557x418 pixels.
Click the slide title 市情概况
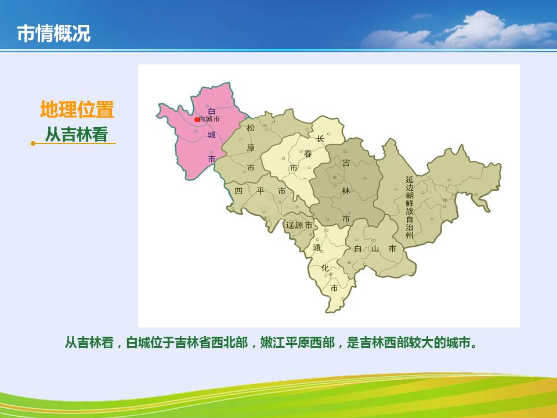(54, 34)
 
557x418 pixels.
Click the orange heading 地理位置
(77, 109)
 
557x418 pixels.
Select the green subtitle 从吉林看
(77, 134)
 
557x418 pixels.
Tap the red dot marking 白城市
(197, 120)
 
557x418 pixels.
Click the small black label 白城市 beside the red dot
(209, 119)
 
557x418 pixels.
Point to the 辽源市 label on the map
(299, 225)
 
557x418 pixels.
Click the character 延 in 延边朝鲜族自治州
(410, 180)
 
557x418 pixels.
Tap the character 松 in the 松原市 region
(251, 128)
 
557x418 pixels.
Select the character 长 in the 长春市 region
(320, 139)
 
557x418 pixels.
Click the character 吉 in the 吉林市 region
(346, 163)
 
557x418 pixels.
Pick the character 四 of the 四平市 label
(238, 191)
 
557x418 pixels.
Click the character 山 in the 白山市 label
(375, 248)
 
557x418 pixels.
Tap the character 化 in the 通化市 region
(325, 268)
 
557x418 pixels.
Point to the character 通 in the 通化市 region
(317, 247)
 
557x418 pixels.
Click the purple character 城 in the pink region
(212, 135)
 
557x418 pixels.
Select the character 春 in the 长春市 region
(308, 153)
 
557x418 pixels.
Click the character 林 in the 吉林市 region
(346, 190)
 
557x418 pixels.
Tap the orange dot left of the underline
(33, 143)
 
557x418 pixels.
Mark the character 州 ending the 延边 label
(410, 235)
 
